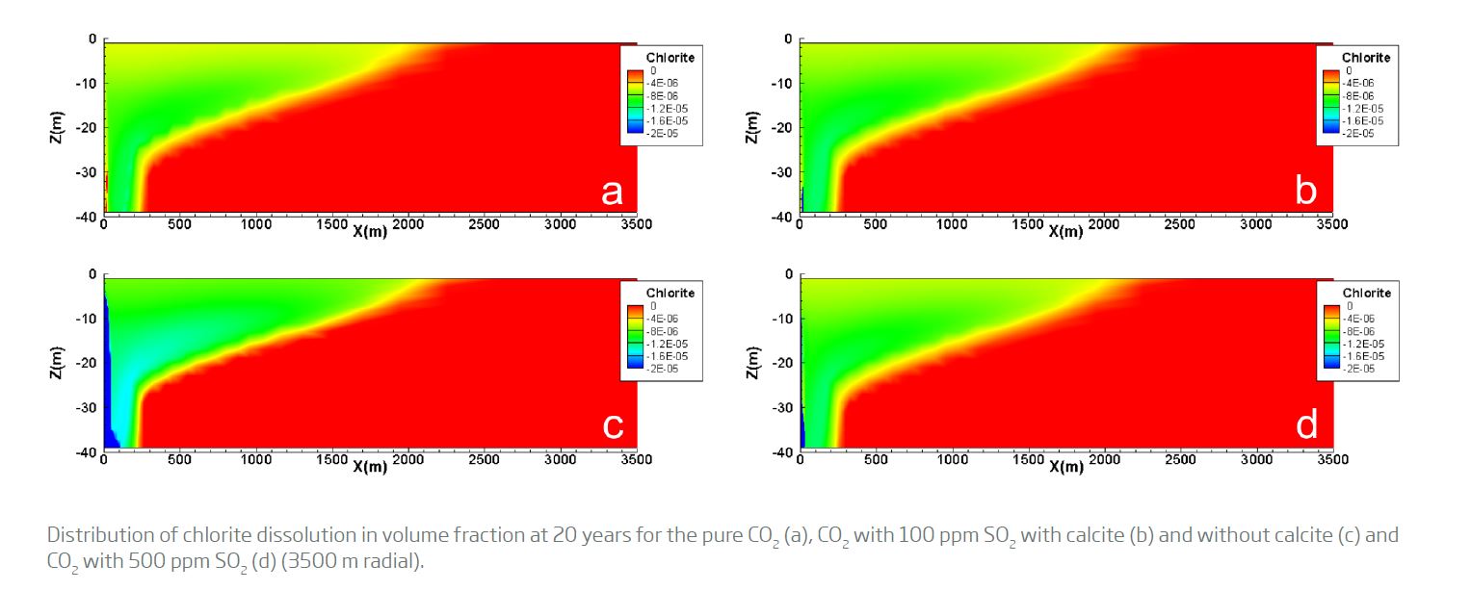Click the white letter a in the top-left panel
pos(612,193)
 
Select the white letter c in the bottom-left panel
pos(613,426)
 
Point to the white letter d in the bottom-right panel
pos(1307,425)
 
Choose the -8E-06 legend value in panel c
pos(663,331)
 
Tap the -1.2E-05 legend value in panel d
pos(1362,344)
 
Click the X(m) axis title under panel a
pos(369,232)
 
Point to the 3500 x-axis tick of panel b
pos(1332,224)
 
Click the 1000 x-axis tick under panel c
pos(255,460)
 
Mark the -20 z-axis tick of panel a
pos(87,128)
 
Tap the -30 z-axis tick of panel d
pos(782,408)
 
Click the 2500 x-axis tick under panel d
pos(1180,460)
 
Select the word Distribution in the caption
pos(91,535)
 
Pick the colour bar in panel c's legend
pos(634,338)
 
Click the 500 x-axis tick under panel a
pos(179,224)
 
